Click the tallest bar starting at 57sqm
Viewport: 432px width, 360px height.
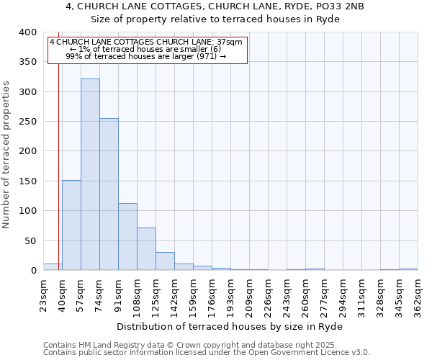tap(90, 174)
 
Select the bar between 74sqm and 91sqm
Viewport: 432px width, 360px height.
tap(109, 194)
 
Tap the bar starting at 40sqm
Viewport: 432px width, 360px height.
tap(71, 225)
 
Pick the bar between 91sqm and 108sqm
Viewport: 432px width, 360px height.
tap(127, 237)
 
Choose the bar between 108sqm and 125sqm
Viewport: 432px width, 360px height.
tap(146, 249)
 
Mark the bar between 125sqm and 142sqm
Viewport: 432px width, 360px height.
tap(165, 261)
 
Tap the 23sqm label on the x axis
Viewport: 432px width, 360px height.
tap(44, 294)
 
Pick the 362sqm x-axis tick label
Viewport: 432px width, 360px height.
tap(418, 294)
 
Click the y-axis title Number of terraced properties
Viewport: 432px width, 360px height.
tap(6, 154)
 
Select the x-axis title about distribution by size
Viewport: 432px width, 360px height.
tap(230, 326)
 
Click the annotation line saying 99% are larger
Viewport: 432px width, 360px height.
tap(146, 55)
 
